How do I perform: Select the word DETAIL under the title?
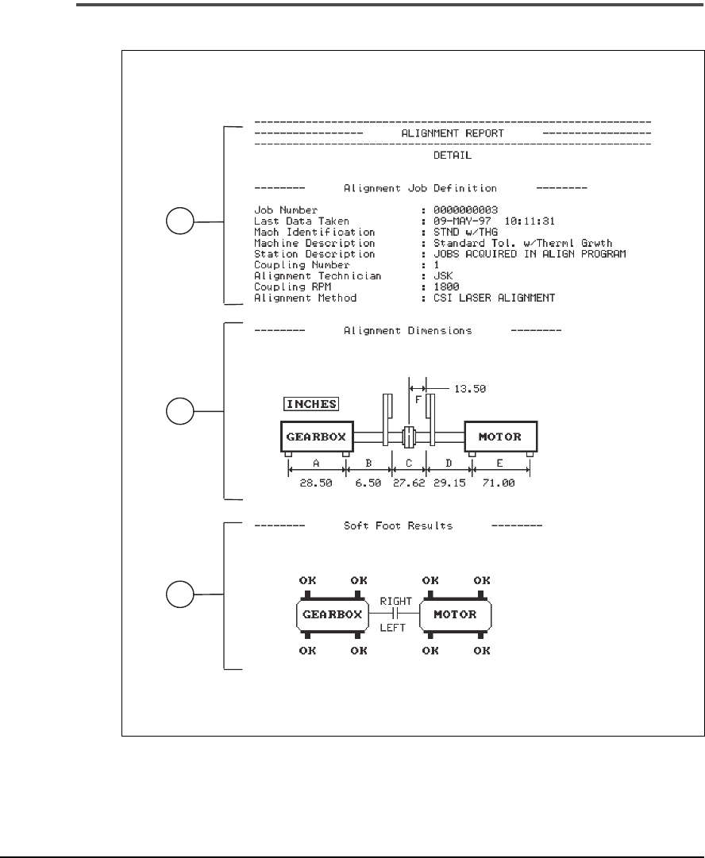click(453, 156)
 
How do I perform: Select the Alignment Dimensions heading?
click(407, 329)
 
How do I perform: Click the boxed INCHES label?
click(312, 403)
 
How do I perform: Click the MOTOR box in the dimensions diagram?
click(501, 436)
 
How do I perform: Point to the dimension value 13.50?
click(469, 389)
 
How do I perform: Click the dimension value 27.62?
click(409, 483)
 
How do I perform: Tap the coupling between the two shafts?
click(409, 436)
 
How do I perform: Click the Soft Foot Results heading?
click(398, 525)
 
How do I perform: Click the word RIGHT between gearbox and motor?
click(395, 602)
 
